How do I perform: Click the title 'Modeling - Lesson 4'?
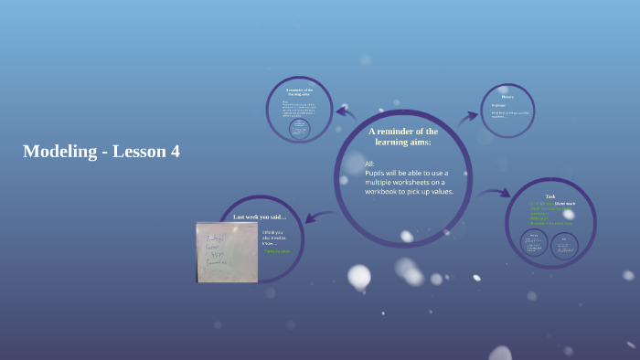coord(101,152)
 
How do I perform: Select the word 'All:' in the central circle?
coord(370,164)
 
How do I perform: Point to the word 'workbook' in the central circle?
coord(390,192)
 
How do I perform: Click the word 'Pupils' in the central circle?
coord(377,173)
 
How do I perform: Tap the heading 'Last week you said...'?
coord(260,217)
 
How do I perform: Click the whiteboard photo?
coord(227,251)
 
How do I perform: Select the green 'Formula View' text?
coord(277,250)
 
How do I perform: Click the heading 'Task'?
coord(550,196)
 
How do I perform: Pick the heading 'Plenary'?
coord(507,96)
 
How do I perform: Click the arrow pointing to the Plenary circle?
coord(469,116)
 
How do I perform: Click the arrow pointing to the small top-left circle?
coord(346,112)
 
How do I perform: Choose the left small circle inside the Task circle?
coord(534,242)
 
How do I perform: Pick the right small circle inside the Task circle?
coord(564,244)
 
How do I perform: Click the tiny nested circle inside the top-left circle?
coord(299,129)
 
